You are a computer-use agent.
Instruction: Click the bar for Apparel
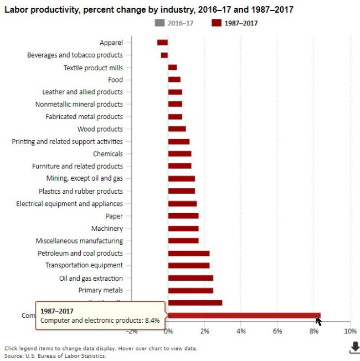coord(162,42)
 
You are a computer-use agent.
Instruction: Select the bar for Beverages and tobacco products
coord(164,55)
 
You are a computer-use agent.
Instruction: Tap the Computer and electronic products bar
coord(244,316)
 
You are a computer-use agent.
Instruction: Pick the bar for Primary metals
coord(191,290)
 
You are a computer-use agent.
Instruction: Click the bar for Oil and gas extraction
coord(191,278)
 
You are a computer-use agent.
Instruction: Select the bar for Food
coord(174,80)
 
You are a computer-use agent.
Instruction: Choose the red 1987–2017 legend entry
coord(235,23)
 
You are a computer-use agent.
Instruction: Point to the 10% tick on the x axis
coord(350,331)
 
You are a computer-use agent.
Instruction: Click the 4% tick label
coord(241,331)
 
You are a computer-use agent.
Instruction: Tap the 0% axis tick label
coord(168,331)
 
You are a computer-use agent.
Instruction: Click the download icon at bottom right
coord(354,347)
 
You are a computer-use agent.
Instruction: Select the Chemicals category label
coord(107,154)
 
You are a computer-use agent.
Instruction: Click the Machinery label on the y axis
coord(107,228)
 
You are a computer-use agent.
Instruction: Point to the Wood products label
coord(100,129)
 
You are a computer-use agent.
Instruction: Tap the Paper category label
coord(114,216)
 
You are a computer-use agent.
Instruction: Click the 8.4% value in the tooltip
coord(152,320)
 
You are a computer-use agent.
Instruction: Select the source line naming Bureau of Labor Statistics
coord(55,355)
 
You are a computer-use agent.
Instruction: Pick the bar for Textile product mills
coord(172,68)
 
